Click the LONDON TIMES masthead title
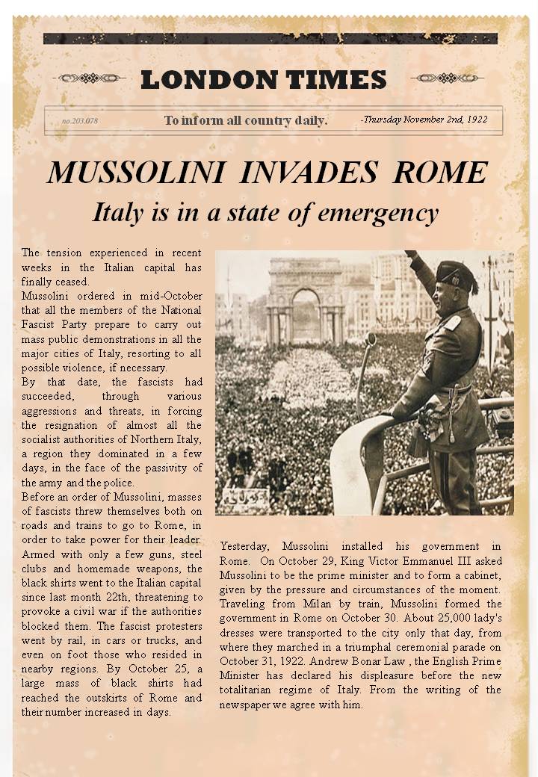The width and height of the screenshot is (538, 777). tap(263, 79)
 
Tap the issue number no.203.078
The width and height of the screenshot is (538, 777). tap(80, 121)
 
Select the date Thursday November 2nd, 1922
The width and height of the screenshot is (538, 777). tap(424, 120)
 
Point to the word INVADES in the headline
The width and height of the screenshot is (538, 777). tap(309, 173)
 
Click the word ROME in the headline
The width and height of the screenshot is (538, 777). tap(441, 173)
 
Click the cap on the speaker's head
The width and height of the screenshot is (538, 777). tap(456, 275)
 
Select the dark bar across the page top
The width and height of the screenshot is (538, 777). tap(270, 39)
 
